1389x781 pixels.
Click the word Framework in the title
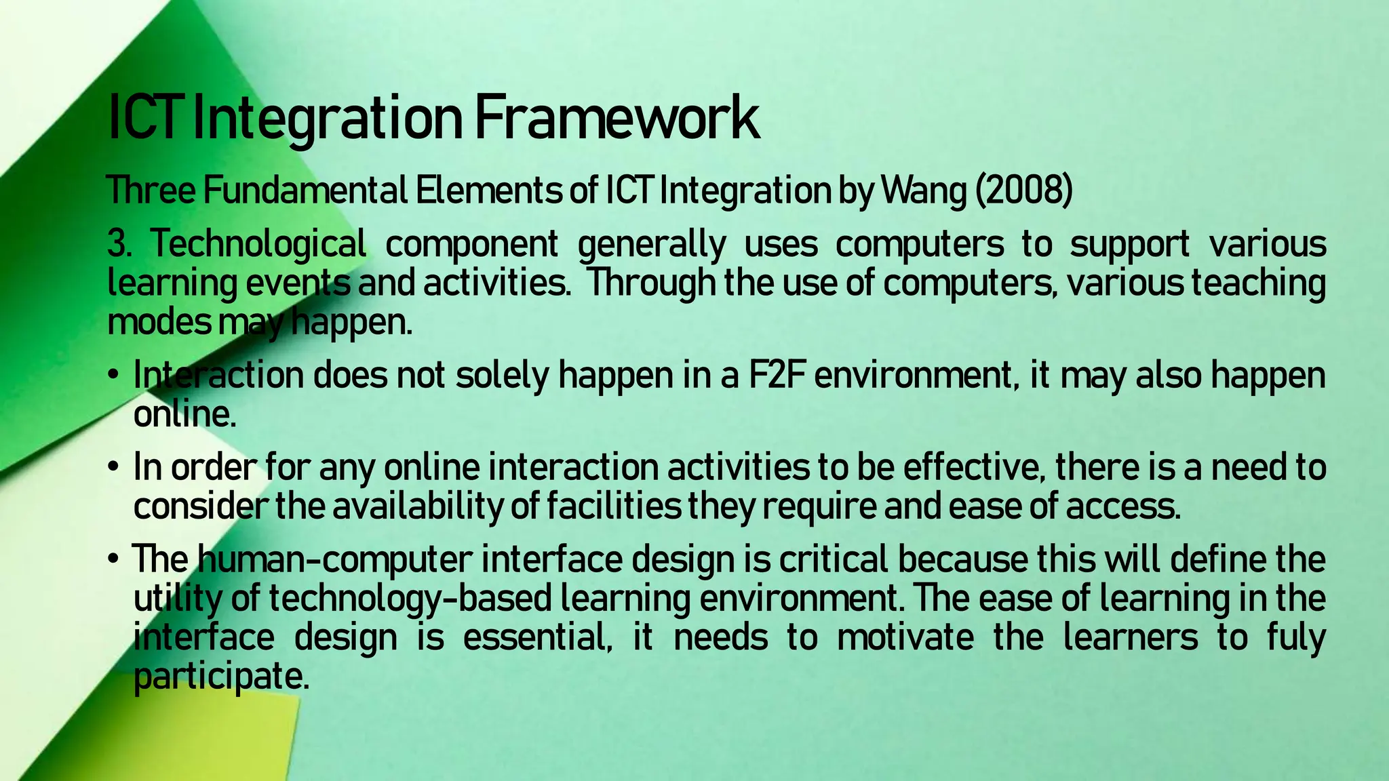point(616,119)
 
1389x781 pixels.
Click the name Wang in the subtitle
point(923,191)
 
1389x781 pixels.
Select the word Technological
point(258,244)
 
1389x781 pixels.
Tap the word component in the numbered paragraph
point(472,244)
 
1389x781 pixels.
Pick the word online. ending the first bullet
point(184,414)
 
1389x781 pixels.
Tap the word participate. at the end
point(221,677)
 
